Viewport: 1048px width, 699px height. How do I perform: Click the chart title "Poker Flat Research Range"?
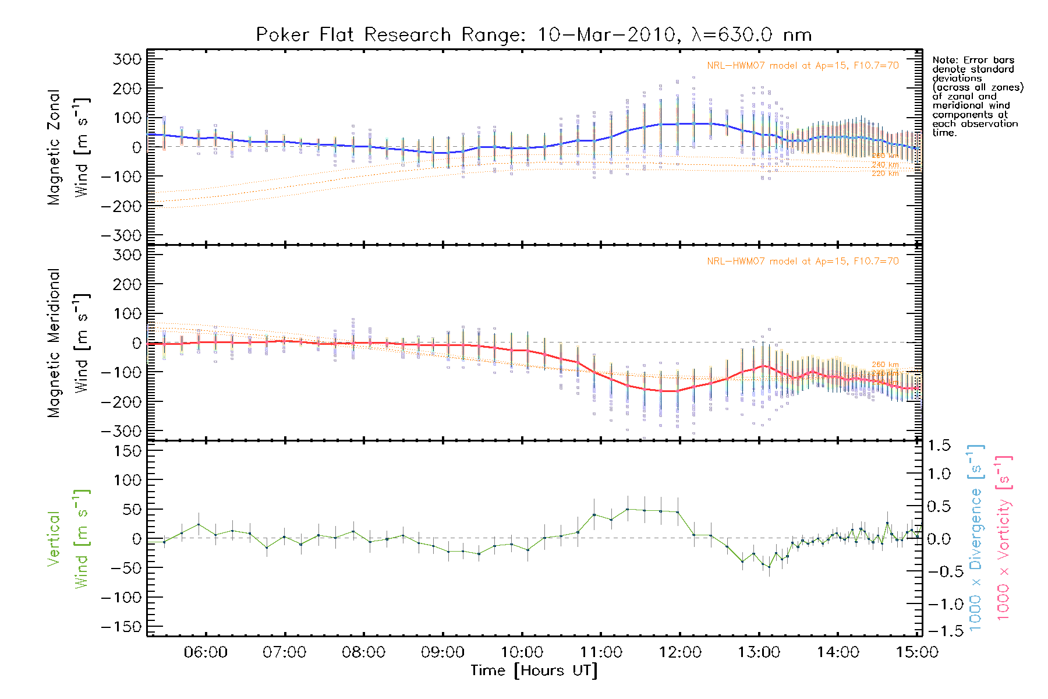(353, 35)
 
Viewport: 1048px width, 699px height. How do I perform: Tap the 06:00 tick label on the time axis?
(206, 652)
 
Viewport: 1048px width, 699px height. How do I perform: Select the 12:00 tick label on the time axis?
(680, 652)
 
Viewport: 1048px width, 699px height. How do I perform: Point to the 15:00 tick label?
(917, 652)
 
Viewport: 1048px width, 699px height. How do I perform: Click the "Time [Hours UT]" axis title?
(534, 671)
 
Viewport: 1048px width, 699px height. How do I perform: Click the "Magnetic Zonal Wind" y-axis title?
(68, 147)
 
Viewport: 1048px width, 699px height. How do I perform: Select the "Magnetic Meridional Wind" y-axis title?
(68, 343)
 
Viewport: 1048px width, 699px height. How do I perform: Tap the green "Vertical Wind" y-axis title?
(68, 539)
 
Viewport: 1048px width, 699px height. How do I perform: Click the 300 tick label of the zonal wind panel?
(127, 59)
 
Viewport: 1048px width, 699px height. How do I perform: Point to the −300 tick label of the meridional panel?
(121, 432)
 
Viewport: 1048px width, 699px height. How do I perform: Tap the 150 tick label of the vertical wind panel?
(127, 451)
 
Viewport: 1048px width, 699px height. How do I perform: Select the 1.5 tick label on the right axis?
(939, 446)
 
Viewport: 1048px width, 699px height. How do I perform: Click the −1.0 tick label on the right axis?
(939, 604)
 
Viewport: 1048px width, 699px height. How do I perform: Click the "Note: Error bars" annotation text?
(973, 60)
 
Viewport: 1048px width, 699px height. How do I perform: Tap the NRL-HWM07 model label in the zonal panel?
(802, 65)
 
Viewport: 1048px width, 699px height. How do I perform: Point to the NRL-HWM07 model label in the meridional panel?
(802, 261)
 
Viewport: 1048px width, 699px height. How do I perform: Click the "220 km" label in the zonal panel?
(885, 174)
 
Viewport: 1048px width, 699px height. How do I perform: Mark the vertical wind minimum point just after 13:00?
(769, 567)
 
